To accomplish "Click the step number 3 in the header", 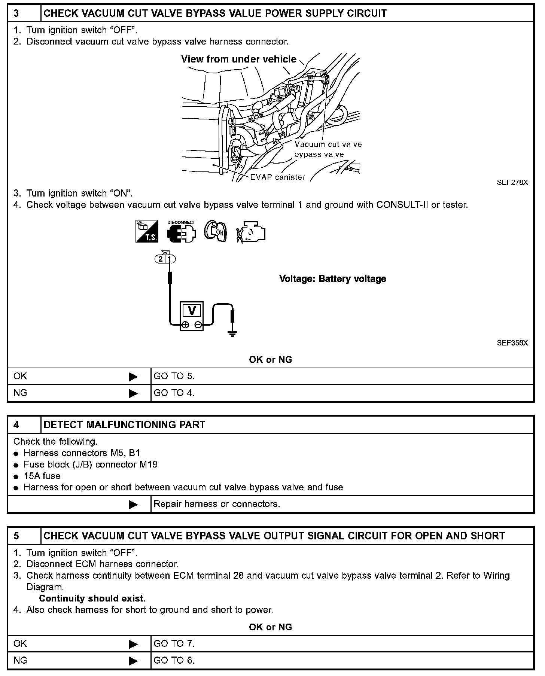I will click(16, 13).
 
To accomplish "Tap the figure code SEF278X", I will click(512, 183).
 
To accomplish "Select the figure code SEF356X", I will click(512, 343).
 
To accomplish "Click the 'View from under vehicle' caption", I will click(239, 59).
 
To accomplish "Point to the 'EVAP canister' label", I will click(277, 177).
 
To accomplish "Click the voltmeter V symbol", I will click(192, 311).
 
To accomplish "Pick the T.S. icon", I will click(147, 231).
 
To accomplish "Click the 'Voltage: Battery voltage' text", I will click(332, 279).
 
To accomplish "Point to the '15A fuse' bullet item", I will click(42, 476).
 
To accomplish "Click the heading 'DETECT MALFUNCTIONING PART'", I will click(125, 425).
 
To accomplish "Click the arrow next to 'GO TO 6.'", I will click(133, 661).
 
